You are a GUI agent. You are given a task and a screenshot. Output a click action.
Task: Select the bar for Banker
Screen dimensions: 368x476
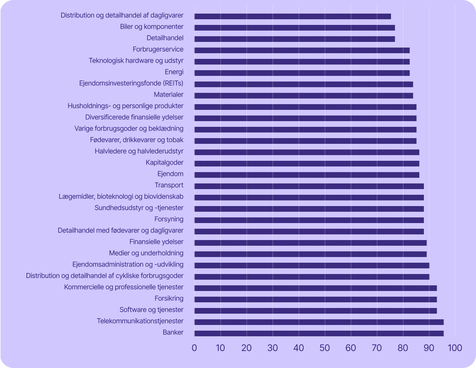tap(319, 333)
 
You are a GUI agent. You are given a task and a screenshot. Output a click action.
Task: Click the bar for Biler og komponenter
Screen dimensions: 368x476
tap(295, 28)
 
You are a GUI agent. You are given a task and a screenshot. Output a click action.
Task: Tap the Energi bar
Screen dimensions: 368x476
tap(302, 73)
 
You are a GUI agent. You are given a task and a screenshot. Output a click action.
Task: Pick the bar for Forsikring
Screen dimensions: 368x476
tap(315, 299)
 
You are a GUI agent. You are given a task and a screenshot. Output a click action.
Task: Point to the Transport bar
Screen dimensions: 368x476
tap(309, 186)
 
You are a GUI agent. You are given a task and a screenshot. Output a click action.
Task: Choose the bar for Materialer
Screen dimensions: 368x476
tap(304, 95)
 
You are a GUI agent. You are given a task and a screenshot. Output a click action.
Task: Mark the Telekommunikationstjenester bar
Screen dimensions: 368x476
tap(319, 322)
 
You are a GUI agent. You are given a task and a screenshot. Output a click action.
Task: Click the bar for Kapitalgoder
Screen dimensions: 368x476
tap(307, 163)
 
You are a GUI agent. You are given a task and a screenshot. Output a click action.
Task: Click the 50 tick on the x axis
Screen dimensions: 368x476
tap(325, 348)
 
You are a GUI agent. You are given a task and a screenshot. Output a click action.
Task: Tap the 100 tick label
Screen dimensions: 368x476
tap(455, 348)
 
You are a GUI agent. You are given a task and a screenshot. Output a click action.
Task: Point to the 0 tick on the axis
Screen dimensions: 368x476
tap(195, 348)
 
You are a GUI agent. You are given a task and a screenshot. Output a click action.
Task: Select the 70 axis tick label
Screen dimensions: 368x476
tap(377, 348)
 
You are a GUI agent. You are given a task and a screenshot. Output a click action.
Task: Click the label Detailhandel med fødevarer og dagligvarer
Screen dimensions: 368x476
tap(121, 231)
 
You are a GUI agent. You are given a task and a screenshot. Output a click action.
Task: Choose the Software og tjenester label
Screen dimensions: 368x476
tap(151, 310)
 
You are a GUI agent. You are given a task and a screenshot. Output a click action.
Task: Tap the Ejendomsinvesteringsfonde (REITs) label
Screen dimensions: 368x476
tap(131, 83)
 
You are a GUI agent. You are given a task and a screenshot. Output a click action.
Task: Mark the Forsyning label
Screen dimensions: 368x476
tap(169, 219)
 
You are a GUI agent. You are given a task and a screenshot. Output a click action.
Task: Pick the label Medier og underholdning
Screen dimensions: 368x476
tap(146, 253)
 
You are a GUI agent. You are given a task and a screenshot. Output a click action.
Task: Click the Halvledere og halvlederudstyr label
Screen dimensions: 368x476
tap(139, 151)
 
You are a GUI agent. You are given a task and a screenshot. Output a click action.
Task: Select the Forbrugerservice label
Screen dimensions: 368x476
tap(158, 49)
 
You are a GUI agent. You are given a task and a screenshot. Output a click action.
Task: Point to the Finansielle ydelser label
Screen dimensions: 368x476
tap(156, 242)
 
